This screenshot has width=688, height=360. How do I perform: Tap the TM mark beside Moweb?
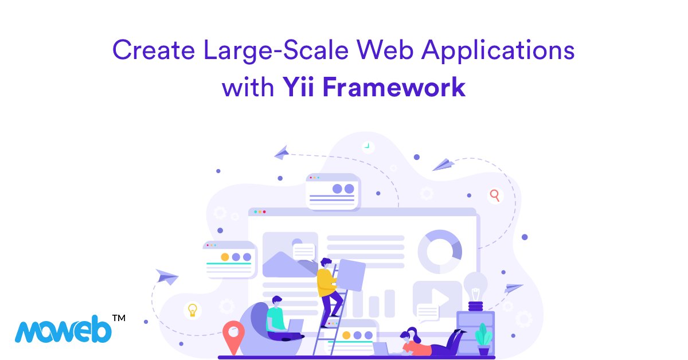coord(118,317)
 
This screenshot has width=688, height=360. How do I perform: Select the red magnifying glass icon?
coord(494,195)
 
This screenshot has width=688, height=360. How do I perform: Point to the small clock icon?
coord(367,147)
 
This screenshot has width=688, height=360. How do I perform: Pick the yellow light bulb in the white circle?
coord(193,310)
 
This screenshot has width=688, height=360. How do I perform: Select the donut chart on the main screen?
coord(440,251)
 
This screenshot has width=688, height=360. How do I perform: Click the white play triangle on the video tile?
coord(441,297)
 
